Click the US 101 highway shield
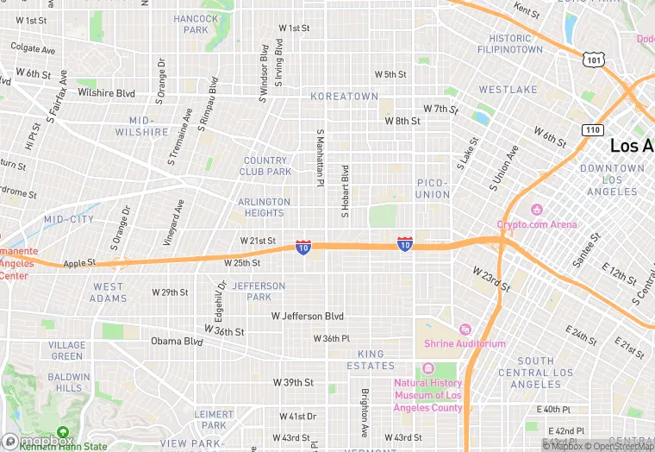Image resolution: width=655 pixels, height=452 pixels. click(x=592, y=59)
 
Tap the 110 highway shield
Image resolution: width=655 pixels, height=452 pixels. click(x=591, y=129)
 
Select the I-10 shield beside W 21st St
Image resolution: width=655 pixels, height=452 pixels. click(x=303, y=248)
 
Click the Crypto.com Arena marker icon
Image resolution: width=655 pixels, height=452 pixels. click(x=537, y=210)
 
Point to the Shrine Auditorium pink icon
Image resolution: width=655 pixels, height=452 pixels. click(x=465, y=329)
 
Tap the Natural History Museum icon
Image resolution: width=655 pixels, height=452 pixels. click(x=428, y=369)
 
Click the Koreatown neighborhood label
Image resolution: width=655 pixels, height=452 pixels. click(x=344, y=97)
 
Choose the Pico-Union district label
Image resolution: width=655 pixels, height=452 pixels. click(x=434, y=189)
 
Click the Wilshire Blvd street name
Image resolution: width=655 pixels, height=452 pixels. click(x=107, y=92)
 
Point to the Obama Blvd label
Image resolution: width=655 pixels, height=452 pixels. click(x=177, y=341)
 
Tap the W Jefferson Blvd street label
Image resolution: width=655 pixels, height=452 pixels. click(x=308, y=317)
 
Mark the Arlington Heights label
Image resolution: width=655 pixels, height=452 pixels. click(x=265, y=207)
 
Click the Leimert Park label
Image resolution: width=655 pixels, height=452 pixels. click(x=214, y=419)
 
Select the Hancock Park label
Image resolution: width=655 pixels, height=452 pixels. click(x=196, y=24)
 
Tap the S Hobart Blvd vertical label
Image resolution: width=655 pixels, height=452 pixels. click(x=345, y=191)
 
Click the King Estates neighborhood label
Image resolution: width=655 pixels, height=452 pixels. click(x=371, y=360)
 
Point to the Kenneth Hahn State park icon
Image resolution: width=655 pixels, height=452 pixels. click(x=62, y=432)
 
